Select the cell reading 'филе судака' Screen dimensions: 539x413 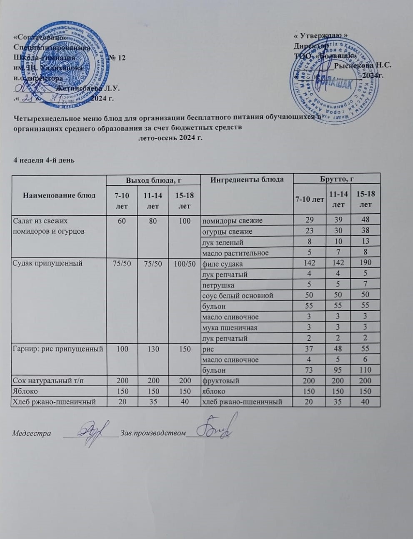[222, 264]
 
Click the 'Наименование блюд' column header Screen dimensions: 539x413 [59, 195]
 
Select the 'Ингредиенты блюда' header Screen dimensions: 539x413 [247, 180]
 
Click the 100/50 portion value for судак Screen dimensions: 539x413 [185, 263]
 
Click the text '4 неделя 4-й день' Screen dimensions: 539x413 [44, 160]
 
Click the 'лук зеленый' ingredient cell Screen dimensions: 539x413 [223, 242]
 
